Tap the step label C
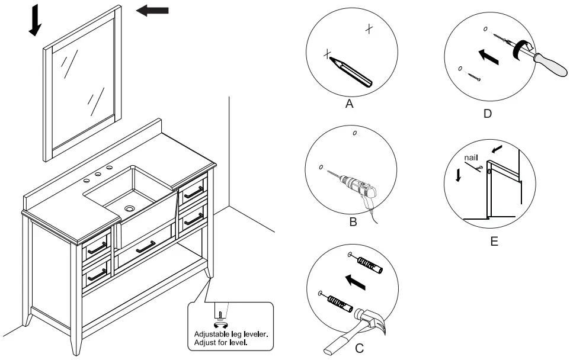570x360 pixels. click(x=359, y=348)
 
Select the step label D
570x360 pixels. click(x=487, y=114)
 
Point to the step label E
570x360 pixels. click(x=494, y=242)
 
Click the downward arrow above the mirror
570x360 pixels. click(x=35, y=20)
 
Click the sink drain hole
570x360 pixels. click(x=130, y=208)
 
